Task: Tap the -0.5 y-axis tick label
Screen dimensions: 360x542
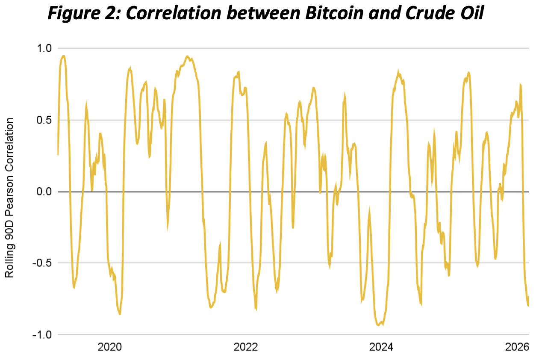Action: [x=41, y=263]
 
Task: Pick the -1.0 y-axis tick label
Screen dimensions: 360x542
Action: [x=41, y=335]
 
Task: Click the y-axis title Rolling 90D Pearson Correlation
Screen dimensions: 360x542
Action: [x=10, y=198]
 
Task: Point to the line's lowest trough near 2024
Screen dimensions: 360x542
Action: [x=379, y=325]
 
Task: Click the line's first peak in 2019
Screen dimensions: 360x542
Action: [x=63, y=56]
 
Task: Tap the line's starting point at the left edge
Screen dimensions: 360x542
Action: [x=58, y=154]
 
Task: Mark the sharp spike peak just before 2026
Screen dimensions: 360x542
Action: [x=520, y=85]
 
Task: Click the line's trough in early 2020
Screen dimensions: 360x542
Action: [x=120, y=314]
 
